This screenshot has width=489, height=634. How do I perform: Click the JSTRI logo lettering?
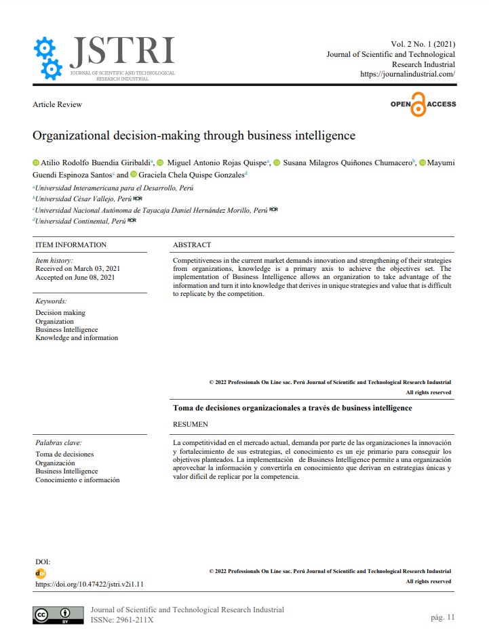pos(122,51)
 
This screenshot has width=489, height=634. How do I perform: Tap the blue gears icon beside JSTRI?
pos(48,59)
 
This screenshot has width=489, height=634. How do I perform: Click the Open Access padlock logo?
pos(423,104)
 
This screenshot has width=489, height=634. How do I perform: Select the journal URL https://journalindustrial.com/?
pos(407,74)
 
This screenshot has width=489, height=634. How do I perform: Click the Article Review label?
pos(58,104)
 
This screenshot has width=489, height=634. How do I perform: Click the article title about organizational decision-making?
pos(193,135)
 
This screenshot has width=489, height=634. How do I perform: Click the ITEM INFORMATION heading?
pos(71,245)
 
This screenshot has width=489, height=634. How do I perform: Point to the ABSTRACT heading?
pos(192,245)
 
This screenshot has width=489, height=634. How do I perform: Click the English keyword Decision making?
pos(60,313)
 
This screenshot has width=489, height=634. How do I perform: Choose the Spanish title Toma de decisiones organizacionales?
pos(292,408)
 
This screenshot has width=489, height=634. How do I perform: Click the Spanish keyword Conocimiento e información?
pos(77,480)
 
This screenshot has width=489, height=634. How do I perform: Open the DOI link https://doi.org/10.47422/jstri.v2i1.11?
pos(90,584)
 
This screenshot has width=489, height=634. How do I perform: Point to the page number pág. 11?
pos(442,617)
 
